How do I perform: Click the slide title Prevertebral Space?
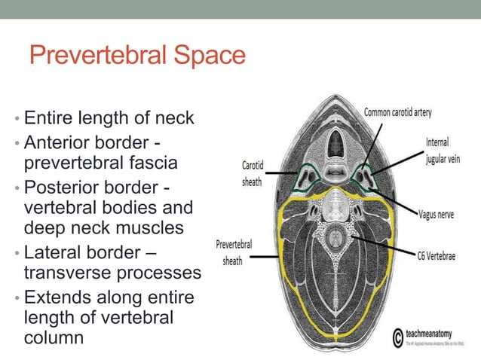pyautogui.click(x=137, y=55)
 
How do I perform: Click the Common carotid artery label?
pyautogui.click(x=397, y=112)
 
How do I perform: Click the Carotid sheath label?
pyautogui.click(x=252, y=172)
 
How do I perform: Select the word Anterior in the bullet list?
pyautogui.click(x=57, y=142)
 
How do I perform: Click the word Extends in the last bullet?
pyautogui.click(x=55, y=298)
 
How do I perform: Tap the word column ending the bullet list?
pyautogui.click(x=54, y=338)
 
